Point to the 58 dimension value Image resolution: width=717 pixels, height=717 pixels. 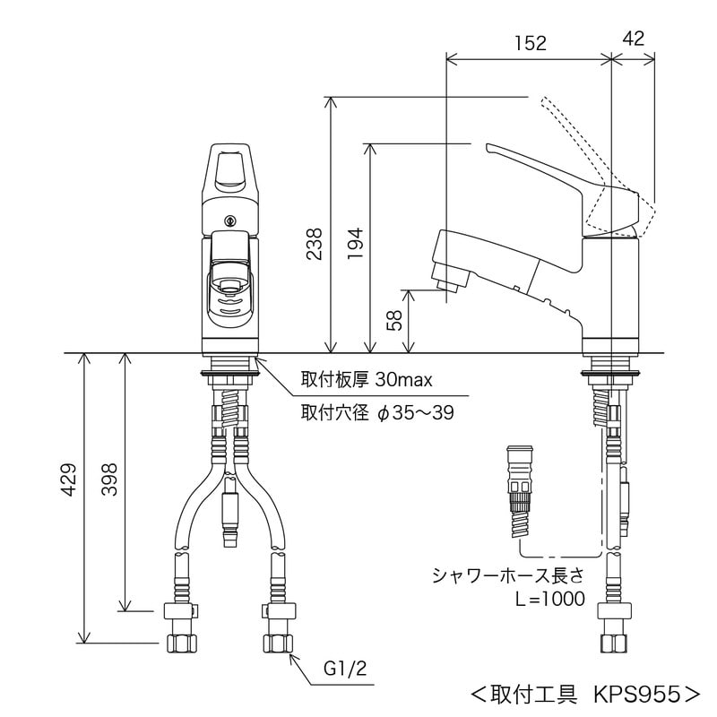click(x=395, y=320)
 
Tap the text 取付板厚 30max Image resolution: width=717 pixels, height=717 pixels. click(x=367, y=379)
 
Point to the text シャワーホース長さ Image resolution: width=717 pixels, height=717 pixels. click(x=509, y=574)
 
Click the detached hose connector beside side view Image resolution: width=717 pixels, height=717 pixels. click(x=519, y=488)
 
